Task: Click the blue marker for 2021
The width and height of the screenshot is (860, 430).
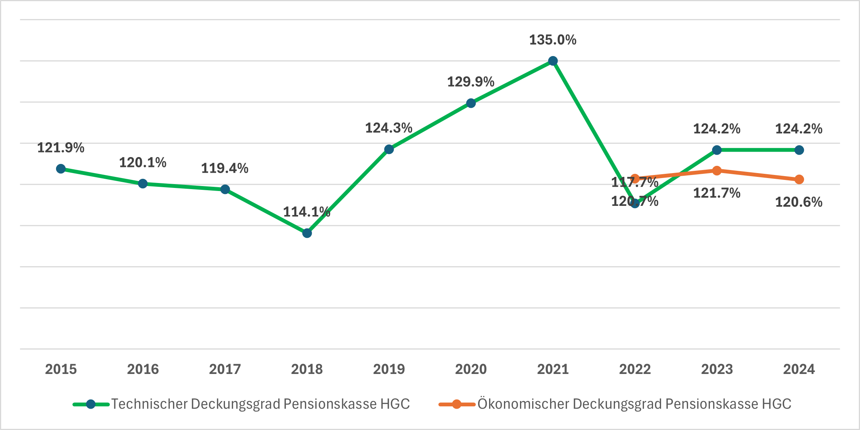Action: click(553, 61)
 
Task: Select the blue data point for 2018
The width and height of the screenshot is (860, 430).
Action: click(307, 233)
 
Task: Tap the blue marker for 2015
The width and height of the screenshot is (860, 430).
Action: click(61, 168)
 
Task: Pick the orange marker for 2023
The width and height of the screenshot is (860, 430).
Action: click(717, 170)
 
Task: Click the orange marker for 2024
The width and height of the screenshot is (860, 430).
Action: click(799, 179)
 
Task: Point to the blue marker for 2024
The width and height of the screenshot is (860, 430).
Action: click(799, 150)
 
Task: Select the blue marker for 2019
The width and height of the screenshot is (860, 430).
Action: click(389, 149)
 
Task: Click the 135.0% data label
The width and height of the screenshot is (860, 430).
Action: click(553, 40)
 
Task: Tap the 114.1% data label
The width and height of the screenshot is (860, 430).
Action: click(306, 212)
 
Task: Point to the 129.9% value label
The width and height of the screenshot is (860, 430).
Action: click(470, 82)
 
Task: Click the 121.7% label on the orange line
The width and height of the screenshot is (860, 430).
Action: click(717, 193)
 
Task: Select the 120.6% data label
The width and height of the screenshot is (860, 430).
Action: click(799, 202)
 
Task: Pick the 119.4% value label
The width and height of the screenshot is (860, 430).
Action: click(225, 168)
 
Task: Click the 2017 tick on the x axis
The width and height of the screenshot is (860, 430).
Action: click(225, 369)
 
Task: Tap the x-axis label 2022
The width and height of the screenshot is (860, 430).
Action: click(635, 369)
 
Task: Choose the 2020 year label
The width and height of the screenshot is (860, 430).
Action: click(471, 369)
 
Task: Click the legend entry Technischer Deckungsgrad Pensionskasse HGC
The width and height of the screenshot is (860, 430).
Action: click(260, 404)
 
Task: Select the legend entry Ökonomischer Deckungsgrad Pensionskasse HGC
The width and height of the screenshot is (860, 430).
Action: click(634, 404)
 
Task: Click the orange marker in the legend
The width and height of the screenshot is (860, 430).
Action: click(456, 404)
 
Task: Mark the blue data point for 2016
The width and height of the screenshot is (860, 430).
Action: click(143, 184)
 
